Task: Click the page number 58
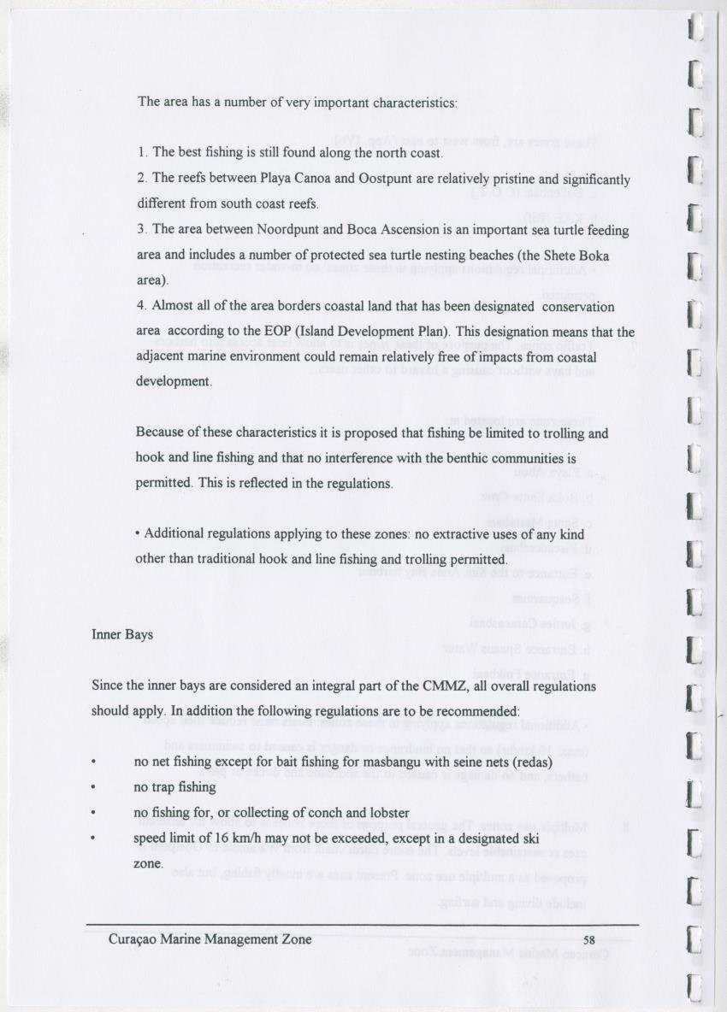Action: pyautogui.click(x=588, y=940)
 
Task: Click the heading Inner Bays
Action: pyautogui.click(x=122, y=635)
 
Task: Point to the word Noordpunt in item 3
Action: pyautogui.click(x=298, y=231)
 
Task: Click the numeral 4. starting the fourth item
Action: pyautogui.click(x=142, y=306)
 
